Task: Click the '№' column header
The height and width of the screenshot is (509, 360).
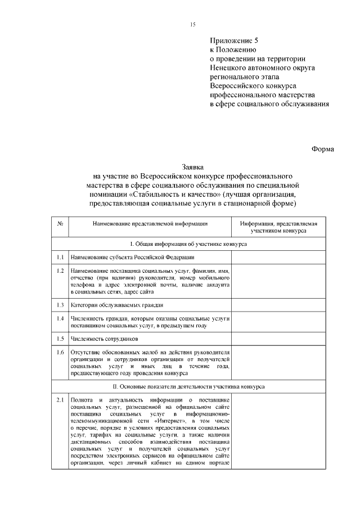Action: [x=60, y=224]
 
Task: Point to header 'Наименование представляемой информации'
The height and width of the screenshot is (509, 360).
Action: [x=150, y=224]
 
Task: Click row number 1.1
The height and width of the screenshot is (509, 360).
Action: [x=60, y=257]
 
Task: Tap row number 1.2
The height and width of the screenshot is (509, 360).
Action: [x=60, y=271]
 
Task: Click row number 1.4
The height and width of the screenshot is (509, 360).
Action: [x=60, y=318]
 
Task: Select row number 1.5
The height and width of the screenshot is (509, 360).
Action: [x=60, y=339]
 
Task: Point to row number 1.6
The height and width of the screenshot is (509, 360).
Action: [x=60, y=353]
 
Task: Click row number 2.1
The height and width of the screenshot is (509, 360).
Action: [x=60, y=400]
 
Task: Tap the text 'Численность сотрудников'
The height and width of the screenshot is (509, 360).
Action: [x=105, y=339]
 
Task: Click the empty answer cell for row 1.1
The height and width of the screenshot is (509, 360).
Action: [x=279, y=257]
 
